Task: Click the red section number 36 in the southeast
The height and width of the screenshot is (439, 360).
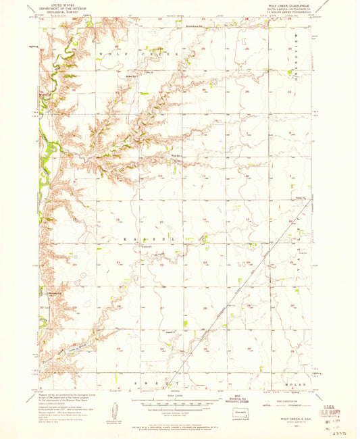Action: (x=249, y=348)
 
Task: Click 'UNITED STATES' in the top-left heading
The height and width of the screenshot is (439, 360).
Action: (x=58, y=3)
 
